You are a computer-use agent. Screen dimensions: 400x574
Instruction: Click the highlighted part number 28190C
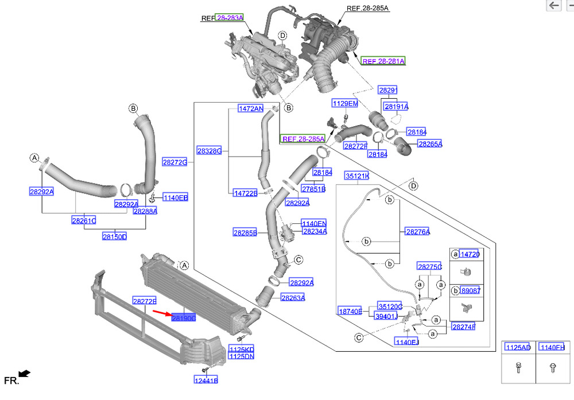[184, 317]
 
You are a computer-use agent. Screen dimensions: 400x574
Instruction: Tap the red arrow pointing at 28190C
[161, 313]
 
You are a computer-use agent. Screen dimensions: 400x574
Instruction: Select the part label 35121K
[356, 175]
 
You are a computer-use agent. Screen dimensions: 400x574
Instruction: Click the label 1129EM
[344, 103]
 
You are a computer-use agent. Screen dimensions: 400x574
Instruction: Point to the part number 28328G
[210, 151]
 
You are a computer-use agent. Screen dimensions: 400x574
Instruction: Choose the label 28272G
[174, 162]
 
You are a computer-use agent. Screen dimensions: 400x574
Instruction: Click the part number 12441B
[205, 380]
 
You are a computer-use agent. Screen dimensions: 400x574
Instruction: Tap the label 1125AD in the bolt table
[518, 347]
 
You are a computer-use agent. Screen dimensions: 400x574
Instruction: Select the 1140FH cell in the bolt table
[553, 347]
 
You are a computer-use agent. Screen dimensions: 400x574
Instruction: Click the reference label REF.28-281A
[383, 61]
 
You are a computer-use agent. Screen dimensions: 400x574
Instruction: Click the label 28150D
[114, 236]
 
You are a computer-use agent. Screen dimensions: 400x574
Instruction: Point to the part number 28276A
[418, 231]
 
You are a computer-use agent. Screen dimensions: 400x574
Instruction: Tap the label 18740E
[350, 310]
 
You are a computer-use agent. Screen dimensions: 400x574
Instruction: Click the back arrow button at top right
[553, 6]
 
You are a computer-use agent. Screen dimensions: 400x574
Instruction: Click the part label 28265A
[430, 144]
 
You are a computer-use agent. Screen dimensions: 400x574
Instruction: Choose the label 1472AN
[251, 108]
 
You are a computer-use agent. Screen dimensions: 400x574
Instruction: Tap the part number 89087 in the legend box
[470, 290]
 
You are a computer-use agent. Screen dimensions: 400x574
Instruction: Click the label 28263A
[293, 297]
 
